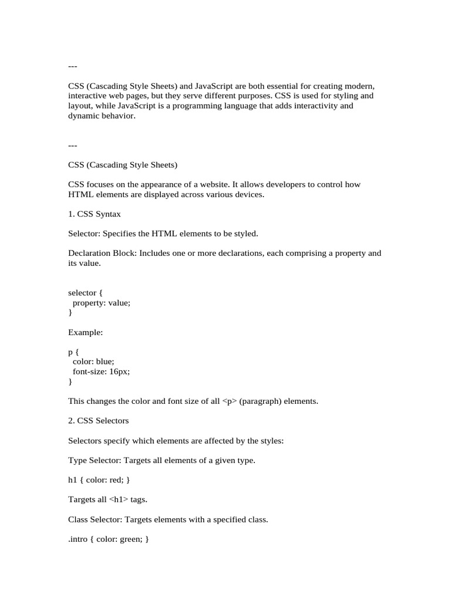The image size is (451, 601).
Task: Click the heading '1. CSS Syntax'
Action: tap(95, 214)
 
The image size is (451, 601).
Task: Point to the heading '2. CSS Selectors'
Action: tap(99, 420)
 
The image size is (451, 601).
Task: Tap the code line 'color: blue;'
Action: tap(93, 362)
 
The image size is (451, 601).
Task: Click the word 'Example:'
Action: tap(86, 332)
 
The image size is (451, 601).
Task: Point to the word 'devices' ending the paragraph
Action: tap(248, 194)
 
